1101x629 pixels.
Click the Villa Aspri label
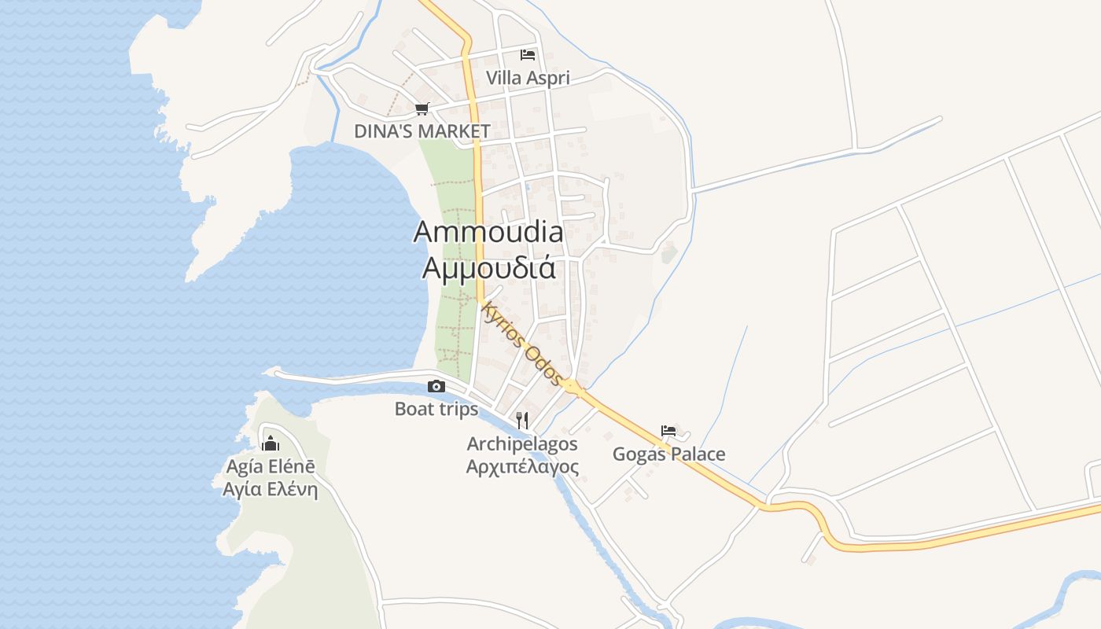(528, 78)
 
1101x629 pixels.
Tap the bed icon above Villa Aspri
(528, 55)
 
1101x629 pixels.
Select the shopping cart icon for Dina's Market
(422, 109)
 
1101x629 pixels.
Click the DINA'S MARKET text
(422, 131)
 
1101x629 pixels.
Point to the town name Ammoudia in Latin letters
(488, 232)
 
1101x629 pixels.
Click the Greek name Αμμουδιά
(488, 268)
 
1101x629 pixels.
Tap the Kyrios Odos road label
(523, 342)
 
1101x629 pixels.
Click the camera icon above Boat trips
(436, 386)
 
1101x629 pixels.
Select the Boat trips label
(436, 409)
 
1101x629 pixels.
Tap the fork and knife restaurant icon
(522, 421)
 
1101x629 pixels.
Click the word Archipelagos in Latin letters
(522, 444)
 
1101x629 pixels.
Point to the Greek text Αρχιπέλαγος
(522, 467)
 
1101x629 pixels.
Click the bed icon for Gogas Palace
(668, 430)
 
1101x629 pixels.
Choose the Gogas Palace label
(668, 454)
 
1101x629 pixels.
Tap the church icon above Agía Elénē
(271, 443)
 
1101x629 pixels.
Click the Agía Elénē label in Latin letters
(271, 466)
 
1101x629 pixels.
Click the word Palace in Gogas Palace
(697, 454)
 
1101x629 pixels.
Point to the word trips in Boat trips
(458, 409)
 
